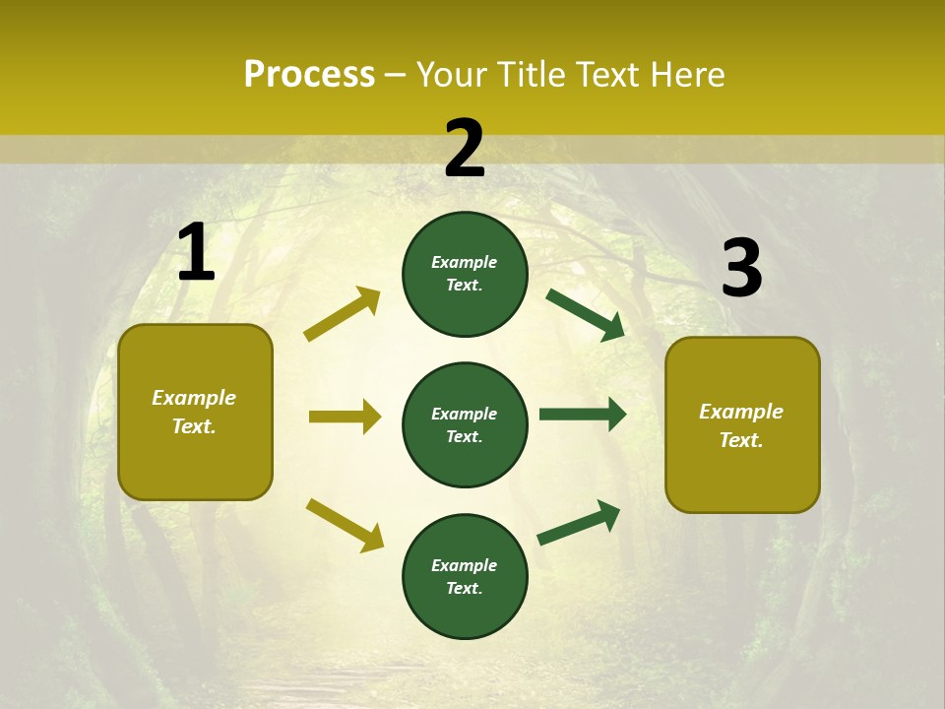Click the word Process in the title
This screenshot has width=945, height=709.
pyautogui.click(x=309, y=75)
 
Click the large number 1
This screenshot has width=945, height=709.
pyautogui.click(x=196, y=252)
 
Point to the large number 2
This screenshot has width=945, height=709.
pyautogui.click(x=465, y=149)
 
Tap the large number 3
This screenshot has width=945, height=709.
pyautogui.click(x=741, y=268)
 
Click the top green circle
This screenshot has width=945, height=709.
pyautogui.click(x=465, y=274)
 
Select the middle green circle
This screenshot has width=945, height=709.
pyautogui.click(x=465, y=424)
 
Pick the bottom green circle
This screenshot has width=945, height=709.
pyautogui.click(x=465, y=576)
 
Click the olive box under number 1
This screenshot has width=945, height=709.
pyautogui.click(x=195, y=412)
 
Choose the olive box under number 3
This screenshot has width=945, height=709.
pyautogui.click(x=742, y=424)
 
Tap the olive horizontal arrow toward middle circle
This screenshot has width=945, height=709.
pyautogui.click(x=345, y=417)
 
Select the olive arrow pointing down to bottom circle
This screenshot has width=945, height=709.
pyautogui.click(x=345, y=525)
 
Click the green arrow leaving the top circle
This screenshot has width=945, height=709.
pyautogui.click(x=586, y=314)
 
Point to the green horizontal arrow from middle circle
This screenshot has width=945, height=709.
pyautogui.click(x=583, y=415)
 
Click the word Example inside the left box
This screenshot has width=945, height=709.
pyautogui.click(x=194, y=398)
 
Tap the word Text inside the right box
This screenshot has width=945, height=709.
pyautogui.click(x=740, y=440)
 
